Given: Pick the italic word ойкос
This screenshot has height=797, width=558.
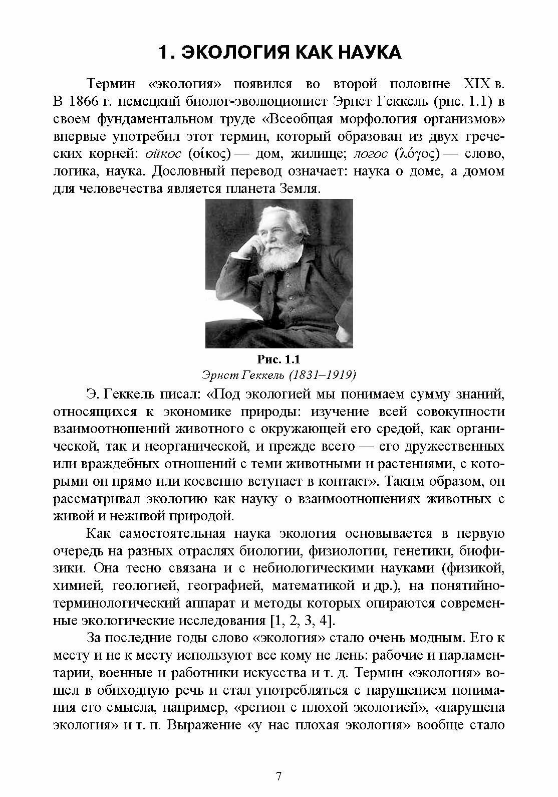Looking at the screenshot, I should point(163,154).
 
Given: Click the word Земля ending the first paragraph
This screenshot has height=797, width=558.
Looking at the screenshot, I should point(300,189).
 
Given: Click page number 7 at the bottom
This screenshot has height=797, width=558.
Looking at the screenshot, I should point(279,776).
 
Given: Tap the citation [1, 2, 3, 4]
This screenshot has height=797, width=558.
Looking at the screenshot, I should point(301,621).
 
